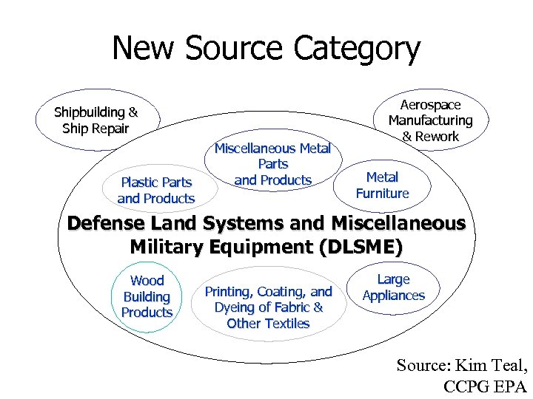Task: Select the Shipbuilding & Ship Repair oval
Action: click(95, 120)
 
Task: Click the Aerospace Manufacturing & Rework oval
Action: click(430, 120)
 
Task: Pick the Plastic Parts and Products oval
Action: click(156, 190)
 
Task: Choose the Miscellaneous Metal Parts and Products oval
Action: click(272, 164)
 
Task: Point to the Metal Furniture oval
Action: click(382, 185)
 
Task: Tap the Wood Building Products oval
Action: click(147, 296)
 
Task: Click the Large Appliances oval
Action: click(393, 287)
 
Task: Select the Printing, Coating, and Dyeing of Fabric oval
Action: click(268, 307)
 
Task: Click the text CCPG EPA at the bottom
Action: click(485, 386)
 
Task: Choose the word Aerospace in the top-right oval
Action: click(430, 105)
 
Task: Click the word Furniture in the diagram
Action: click(382, 194)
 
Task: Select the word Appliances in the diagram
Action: click(393, 296)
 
